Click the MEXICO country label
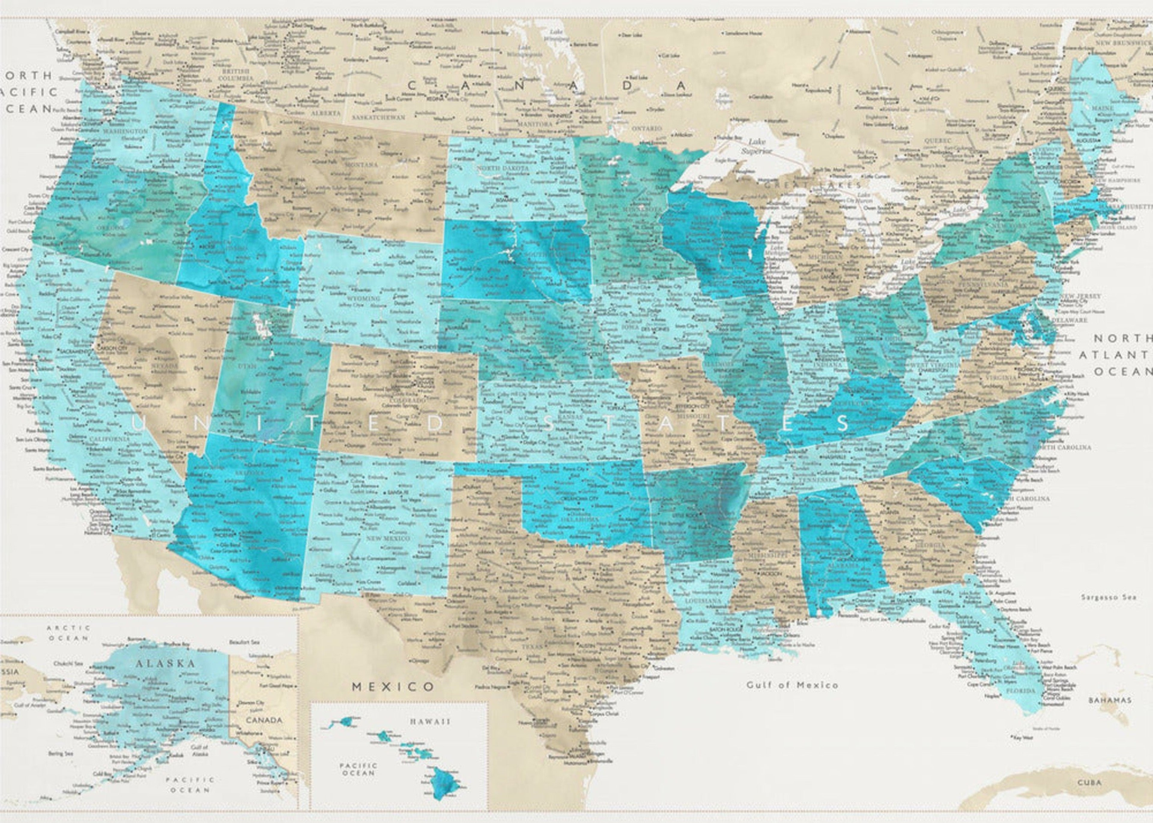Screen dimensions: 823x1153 (393, 687)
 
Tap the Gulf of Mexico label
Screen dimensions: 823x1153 (792, 685)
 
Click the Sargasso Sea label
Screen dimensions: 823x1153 (1108, 597)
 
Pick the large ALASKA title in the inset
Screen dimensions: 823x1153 (165, 664)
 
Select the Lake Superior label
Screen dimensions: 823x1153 (756, 147)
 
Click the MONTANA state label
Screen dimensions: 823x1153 (361, 165)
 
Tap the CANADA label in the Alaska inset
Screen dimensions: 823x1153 (264, 720)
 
